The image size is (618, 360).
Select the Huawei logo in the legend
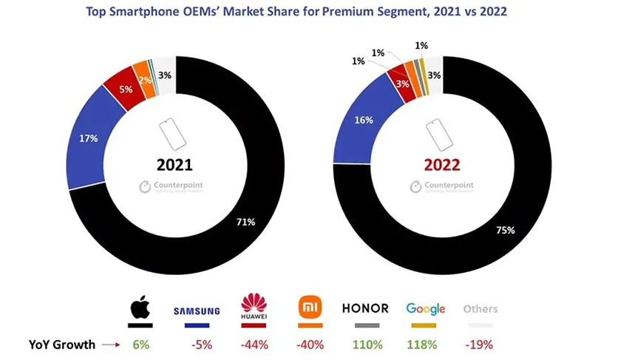click(254, 306)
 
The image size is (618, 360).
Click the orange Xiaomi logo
click(308, 307)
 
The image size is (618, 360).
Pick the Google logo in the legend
click(425, 309)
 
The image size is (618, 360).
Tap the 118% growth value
click(424, 344)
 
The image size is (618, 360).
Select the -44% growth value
click(254, 344)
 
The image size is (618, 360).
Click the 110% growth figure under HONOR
click(367, 344)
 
